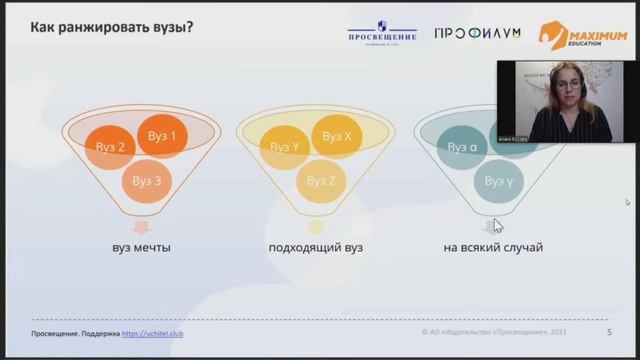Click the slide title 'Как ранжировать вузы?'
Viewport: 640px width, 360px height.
[x=111, y=26]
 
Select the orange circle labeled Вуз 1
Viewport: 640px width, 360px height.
[x=162, y=136]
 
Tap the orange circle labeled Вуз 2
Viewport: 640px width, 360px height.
[x=110, y=148]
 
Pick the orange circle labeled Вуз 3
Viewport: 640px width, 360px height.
[x=147, y=181]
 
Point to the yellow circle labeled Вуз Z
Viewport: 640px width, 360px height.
[x=321, y=181]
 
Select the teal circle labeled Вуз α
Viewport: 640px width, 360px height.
[x=461, y=148]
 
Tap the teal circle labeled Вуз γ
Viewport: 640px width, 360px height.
[x=498, y=181]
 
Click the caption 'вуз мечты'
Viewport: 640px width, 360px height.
[x=141, y=247]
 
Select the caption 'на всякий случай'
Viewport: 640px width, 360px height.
[x=493, y=247]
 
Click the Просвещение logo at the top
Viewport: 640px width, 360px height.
[x=382, y=33]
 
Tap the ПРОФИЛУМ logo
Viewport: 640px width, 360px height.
[x=477, y=33]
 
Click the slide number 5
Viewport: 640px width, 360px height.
[x=610, y=332]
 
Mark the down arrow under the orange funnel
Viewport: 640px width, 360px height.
[x=141, y=225]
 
